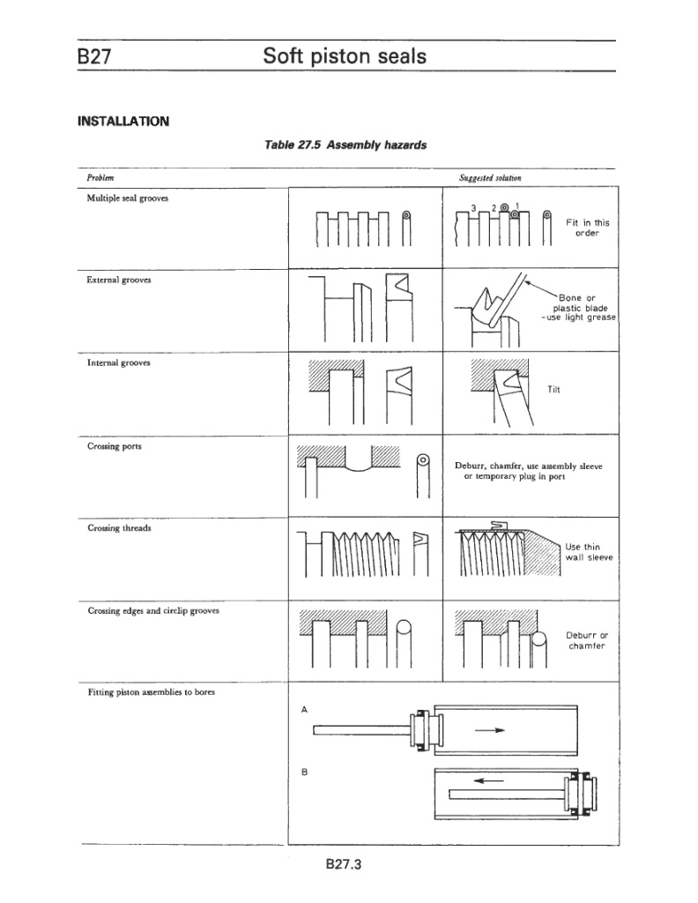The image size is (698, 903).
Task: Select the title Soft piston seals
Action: [x=345, y=57]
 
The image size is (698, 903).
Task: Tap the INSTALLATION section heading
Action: [x=123, y=121]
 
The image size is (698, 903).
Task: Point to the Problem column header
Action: [x=99, y=177]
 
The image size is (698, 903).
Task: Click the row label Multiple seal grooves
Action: [x=127, y=198]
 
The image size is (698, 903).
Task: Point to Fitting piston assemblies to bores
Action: [x=151, y=692]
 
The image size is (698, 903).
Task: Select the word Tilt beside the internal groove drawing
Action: [x=553, y=389]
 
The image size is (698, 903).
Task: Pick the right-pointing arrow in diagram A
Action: [x=489, y=730]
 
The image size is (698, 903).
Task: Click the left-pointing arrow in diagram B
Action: [x=488, y=780]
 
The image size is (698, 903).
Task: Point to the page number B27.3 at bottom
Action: [x=345, y=865]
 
